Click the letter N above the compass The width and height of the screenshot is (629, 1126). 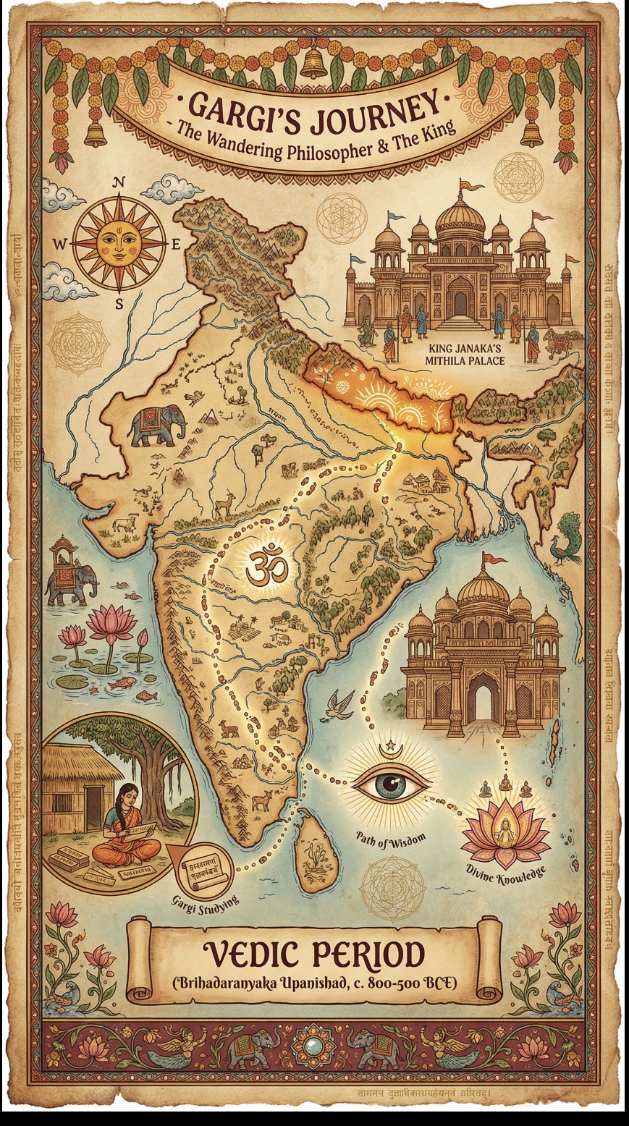point(119,183)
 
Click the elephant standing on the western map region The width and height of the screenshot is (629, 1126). point(156,425)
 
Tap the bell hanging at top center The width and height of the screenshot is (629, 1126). point(314,64)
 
